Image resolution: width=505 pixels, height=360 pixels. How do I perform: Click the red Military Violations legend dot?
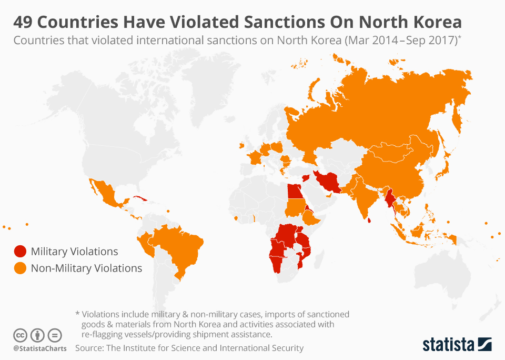point(20,252)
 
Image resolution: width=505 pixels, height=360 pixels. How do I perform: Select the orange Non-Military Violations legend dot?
point(20,268)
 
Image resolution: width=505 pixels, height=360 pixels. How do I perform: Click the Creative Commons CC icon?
point(20,335)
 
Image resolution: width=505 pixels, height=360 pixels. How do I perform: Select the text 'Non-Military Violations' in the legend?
point(86,268)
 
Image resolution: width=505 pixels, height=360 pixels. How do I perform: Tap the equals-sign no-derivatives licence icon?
point(55,335)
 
